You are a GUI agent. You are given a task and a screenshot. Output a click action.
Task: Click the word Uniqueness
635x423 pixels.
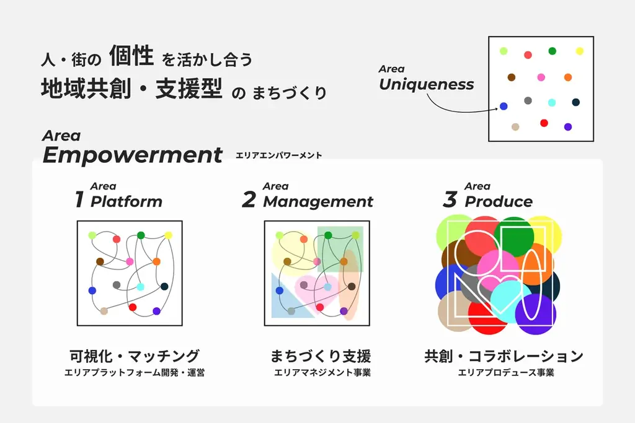pyautogui.click(x=426, y=84)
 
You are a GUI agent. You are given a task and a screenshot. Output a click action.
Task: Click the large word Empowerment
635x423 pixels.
pyautogui.click(x=132, y=155)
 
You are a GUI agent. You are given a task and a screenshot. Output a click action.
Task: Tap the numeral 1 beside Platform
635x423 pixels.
pyautogui.click(x=79, y=200)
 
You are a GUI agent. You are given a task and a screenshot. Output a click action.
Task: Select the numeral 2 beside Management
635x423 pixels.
pyautogui.click(x=249, y=200)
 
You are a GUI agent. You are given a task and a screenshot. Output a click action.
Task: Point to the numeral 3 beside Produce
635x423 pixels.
pyautogui.click(x=450, y=200)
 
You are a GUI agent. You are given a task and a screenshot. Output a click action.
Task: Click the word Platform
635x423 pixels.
pyautogui.click(x=127, y=201)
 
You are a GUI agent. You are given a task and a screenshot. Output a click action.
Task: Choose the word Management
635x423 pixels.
pyautogui.click(x=318, y=201)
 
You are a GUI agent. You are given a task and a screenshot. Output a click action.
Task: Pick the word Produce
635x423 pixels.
pyautogui.click(x=499, y=201)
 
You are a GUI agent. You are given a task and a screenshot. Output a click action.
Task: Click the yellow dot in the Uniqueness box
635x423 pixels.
pyautogui.click(x=579, y=51)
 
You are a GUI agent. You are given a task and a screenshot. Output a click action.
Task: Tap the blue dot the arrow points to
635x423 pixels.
pyautogui.click(x=504, y=107)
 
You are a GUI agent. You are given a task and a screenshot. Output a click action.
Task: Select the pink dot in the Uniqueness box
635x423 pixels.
pyautogui.click(x=541, y=77)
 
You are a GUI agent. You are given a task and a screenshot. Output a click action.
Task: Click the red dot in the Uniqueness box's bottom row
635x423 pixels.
pyautogui.click(x=544, y=123)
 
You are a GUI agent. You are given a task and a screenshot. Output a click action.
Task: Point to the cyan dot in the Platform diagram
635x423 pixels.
pyautogui.click(x=141, y=287)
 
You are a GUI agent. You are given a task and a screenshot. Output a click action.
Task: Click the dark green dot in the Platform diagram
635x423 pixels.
pyautogui.click(x=141, y=235)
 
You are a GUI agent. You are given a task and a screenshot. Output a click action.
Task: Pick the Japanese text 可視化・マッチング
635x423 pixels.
pyautogui.click(x=134, y=356)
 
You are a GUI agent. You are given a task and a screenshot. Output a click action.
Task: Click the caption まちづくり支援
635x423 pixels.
pyautogui.click(x=321, y=356)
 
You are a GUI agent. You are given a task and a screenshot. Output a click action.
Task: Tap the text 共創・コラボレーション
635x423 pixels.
pyautogui.click(x=504, y=356)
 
